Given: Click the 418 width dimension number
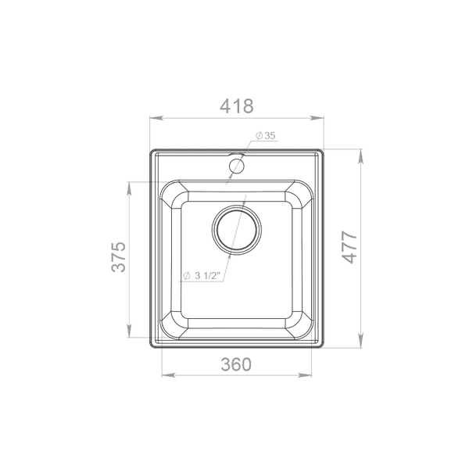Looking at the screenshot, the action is tap(237, 106).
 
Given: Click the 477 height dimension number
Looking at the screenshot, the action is tap(349, 247).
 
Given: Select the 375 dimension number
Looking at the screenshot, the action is tap(119, 256).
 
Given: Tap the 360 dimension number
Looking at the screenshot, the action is tap(236, 364).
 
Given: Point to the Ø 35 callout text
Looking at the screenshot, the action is tap(265, 136).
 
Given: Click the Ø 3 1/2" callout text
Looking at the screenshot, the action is tap(202, 275).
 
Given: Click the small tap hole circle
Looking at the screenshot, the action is tap(237, 166).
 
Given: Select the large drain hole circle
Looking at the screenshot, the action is tap(237, 230).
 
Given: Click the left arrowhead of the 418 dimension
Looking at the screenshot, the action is tap(156, 118).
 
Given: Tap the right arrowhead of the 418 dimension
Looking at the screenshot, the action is tap(317, 118).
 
